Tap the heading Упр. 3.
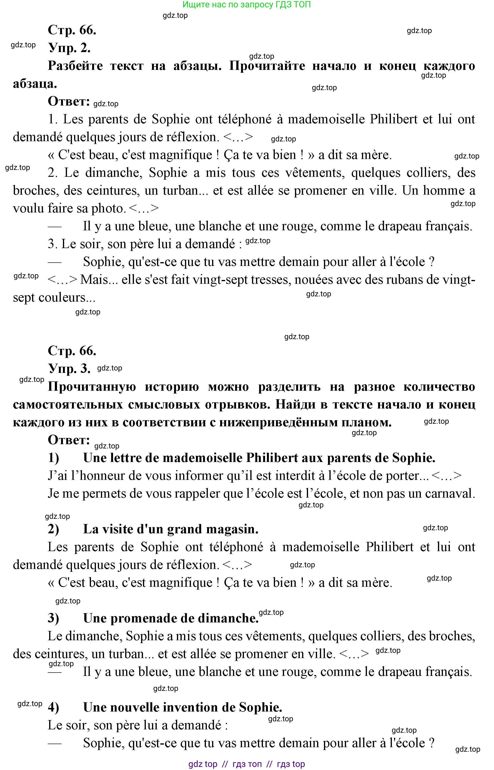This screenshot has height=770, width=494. pos(69,368)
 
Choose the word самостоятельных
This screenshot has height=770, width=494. pos(68,405)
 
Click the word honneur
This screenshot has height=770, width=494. pos(100,476)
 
